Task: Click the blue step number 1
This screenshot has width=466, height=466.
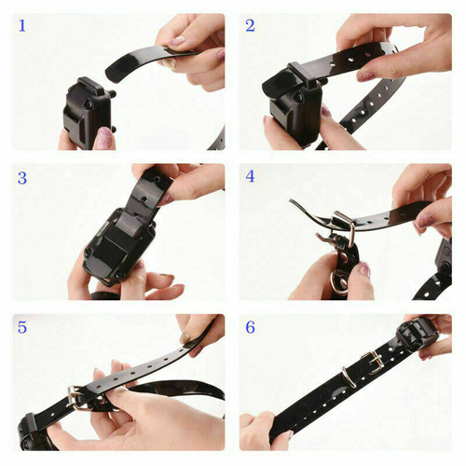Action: (x=21, y=26)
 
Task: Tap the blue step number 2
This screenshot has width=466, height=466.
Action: (x=250, y=26)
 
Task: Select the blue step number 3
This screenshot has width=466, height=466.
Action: (x=21, y=176)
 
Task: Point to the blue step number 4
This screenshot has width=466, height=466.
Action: (x=250, y=176)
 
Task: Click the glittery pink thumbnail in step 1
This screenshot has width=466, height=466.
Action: (x=104, y=139)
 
